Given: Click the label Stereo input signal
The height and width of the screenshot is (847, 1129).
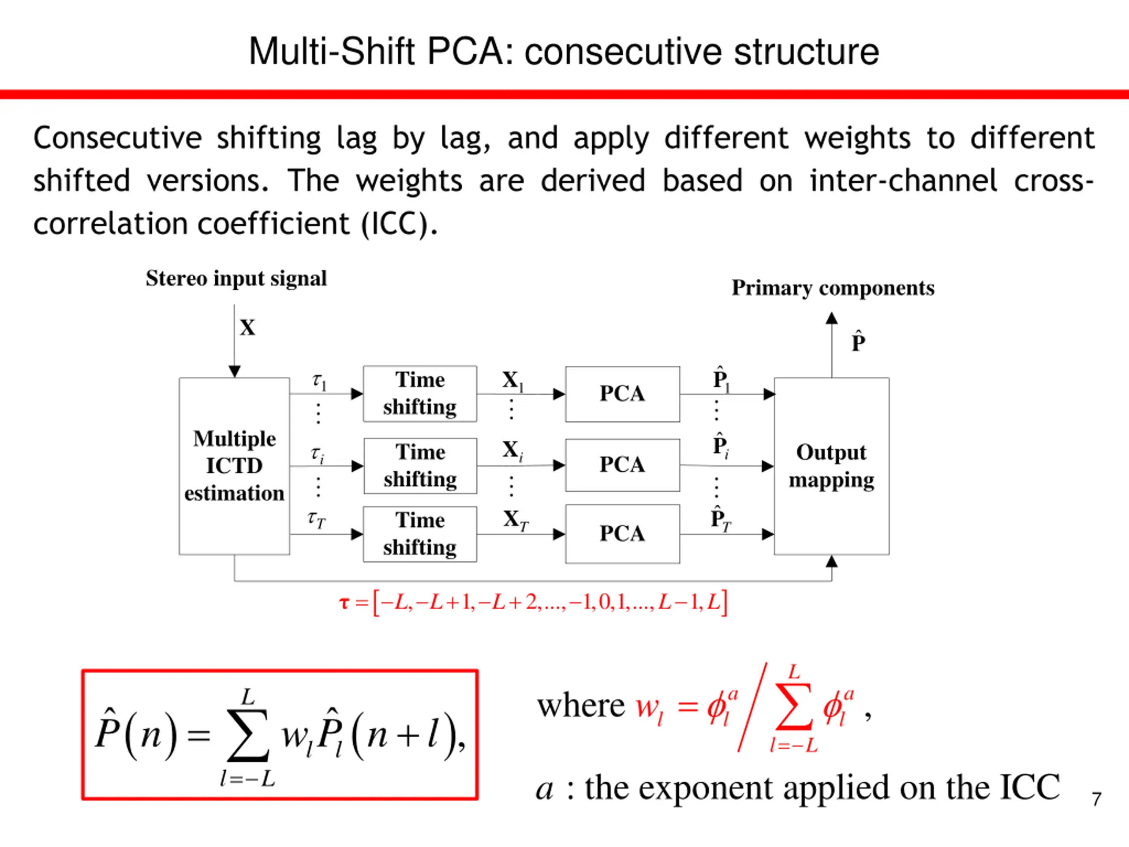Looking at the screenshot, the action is pos(236,279).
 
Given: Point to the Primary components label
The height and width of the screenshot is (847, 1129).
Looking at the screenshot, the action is pos(833,289).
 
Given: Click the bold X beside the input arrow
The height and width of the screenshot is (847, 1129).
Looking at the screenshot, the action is pos(247,328).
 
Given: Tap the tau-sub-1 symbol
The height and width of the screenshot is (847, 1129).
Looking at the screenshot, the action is pos(319,381).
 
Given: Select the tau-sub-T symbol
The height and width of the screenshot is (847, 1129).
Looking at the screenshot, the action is pos(317,519).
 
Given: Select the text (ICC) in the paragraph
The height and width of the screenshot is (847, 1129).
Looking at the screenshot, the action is pos(399,224).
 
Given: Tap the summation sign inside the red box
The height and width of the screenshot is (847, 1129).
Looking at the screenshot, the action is pos(248,735).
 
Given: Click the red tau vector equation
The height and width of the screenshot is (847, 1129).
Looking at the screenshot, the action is pos(533,603).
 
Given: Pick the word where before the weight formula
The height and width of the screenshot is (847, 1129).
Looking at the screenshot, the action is pos(581,706).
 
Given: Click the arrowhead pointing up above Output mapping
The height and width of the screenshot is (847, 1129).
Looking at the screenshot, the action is pos(832,318).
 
